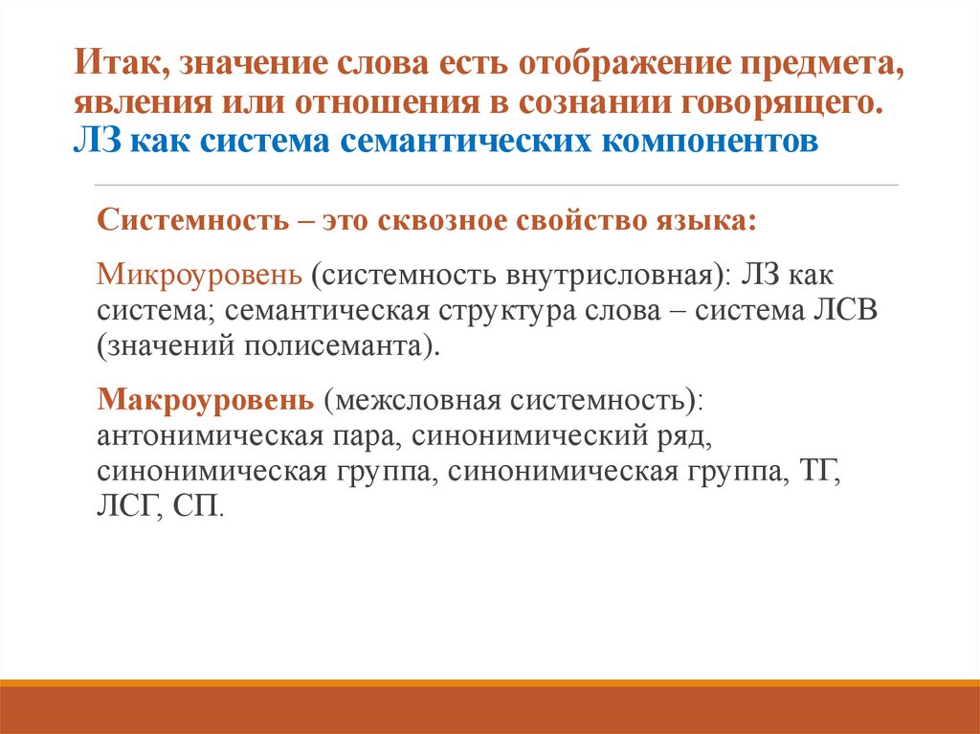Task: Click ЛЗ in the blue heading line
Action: pos(97,142)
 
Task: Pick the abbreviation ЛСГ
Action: pos(126,505)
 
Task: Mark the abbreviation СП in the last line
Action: pos(196,505)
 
